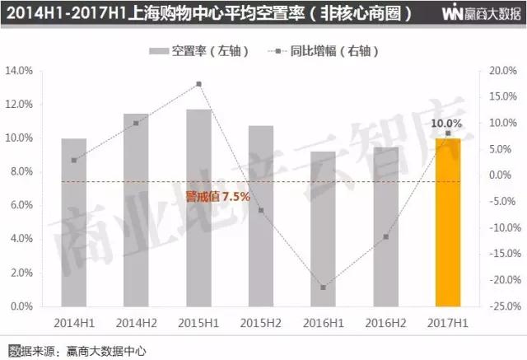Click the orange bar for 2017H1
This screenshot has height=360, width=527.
(448, 222)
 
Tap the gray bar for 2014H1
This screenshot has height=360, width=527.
(73, 222)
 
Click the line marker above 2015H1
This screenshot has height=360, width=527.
(198, 84)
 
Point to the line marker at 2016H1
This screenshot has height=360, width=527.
(323, 288)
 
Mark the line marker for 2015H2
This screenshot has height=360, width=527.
(261, 210)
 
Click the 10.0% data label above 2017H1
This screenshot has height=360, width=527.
(446, 123)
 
